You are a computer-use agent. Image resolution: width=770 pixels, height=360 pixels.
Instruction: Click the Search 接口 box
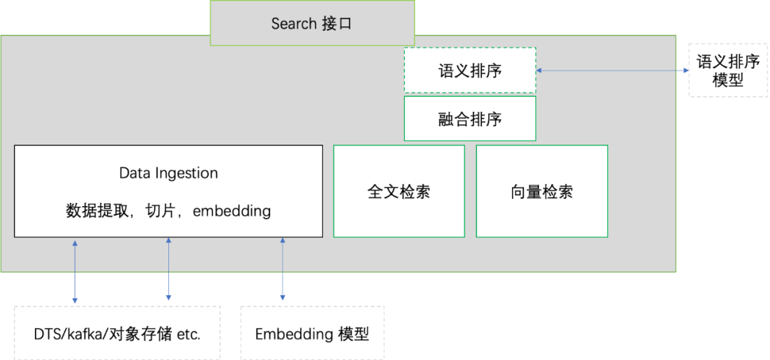[312, 24]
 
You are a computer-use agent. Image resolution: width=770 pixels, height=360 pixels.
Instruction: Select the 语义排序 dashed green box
[470, 71]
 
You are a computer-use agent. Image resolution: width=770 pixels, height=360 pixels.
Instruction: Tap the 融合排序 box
[470, 118]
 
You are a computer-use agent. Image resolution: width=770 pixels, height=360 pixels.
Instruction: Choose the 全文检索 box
[399, 191]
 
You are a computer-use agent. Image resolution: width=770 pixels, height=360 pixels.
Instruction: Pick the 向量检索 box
[542, 191]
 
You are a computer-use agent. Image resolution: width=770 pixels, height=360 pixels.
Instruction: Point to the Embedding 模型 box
[312, 334]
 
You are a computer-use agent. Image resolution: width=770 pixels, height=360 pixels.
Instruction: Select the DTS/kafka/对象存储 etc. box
[117, 334]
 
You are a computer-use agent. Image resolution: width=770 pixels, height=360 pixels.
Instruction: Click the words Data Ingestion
[168, 173]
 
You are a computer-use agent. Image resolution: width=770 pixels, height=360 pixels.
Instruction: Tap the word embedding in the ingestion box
[232, 211]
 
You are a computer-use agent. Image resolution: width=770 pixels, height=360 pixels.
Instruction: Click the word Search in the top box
[294, 24]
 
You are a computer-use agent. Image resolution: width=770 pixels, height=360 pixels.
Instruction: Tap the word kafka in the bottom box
[84, 334]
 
